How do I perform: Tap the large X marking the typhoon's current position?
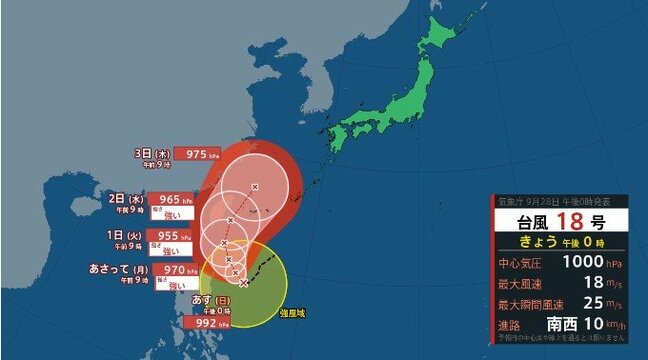click(x=244, y=283)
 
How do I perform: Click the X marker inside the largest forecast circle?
click(x=255, y=187)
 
